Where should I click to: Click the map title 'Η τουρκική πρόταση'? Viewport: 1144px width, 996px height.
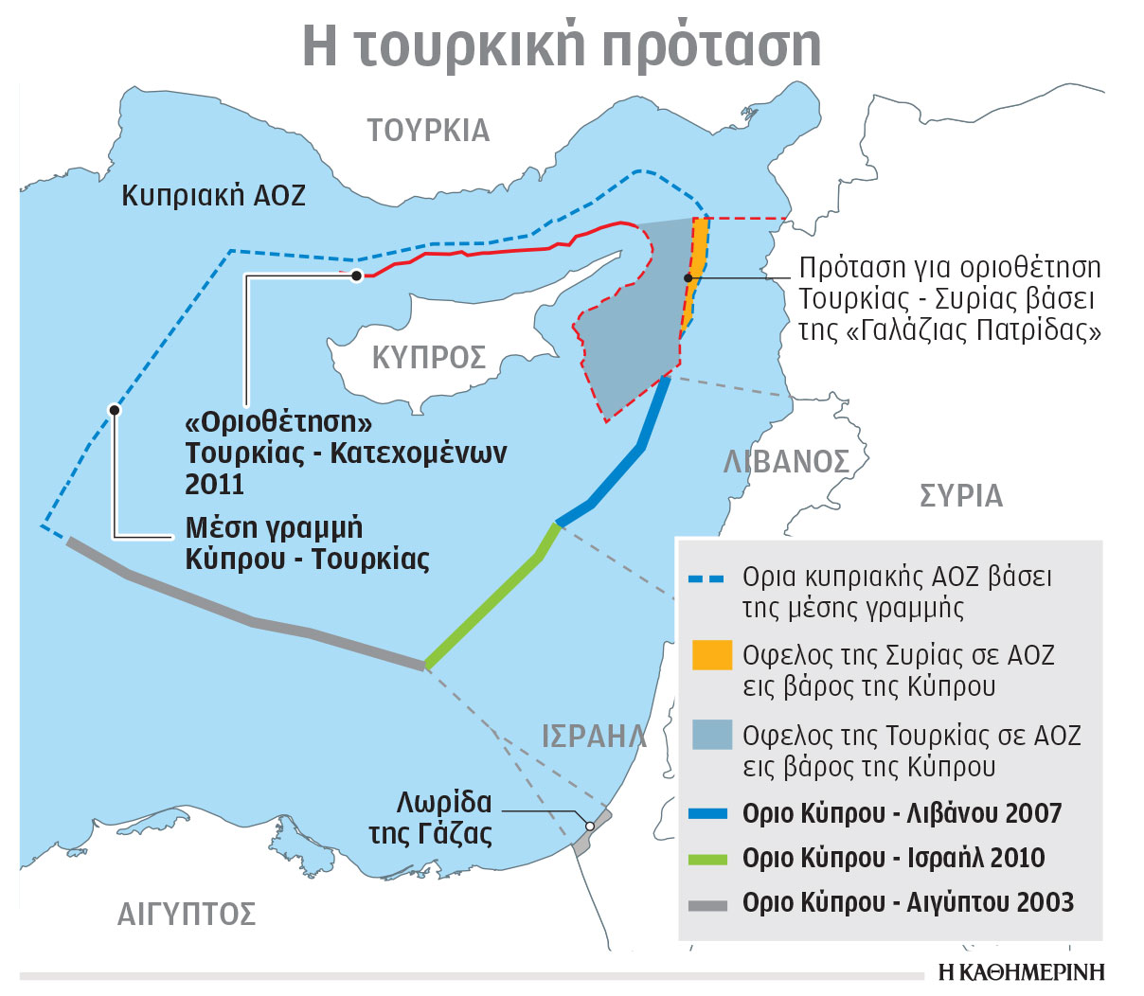[562, 44]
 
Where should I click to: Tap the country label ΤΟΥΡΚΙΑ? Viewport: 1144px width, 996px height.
[428, 131]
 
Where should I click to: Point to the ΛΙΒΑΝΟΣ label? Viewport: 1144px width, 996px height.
[786, 461]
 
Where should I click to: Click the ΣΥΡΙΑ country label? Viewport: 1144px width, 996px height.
[960, 496]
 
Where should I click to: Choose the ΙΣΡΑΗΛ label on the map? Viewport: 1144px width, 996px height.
[594, 736]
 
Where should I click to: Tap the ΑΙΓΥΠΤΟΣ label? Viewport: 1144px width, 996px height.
[187, 914]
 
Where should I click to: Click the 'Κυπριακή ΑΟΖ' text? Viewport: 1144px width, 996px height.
[214, 196]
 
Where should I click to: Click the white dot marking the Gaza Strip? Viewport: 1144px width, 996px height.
[590, 826]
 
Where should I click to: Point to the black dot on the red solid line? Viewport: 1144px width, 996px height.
[356, 276]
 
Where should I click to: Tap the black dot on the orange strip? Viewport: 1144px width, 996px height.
[688, 277]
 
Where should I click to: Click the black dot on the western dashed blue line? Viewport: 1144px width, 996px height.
[115, 410]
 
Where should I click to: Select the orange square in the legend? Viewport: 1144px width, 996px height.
[712, 655]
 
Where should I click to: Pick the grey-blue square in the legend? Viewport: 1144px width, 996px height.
[712, 736]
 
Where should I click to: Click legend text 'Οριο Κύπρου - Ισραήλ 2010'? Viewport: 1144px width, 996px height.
[893, 858]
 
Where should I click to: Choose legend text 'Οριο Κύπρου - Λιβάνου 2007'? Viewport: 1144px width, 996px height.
[902, 813]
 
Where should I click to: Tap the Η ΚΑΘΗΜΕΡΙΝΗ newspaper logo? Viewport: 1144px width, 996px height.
[1021, 972]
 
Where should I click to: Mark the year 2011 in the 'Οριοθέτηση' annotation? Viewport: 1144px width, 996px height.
[215, 485]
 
